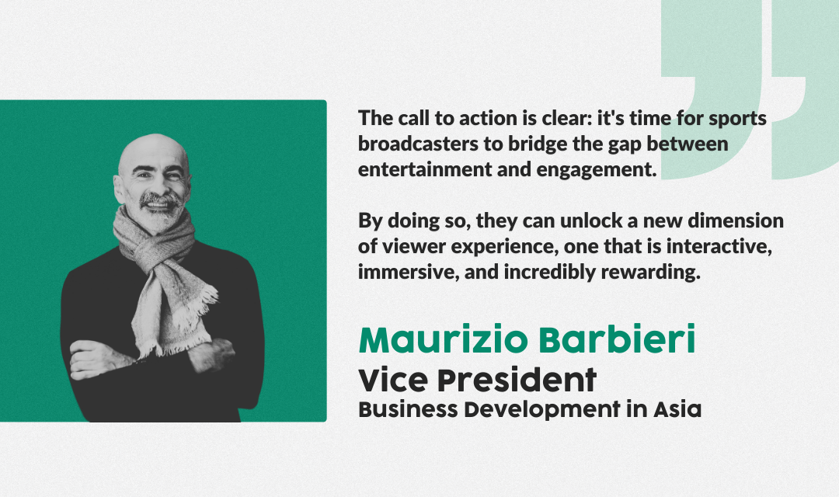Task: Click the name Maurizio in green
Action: click(x=443, y=339)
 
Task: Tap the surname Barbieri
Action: click(x=617, y=339)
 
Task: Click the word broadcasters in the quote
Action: click(x=418, y=144)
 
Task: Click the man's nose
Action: click(x=158, y=187)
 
